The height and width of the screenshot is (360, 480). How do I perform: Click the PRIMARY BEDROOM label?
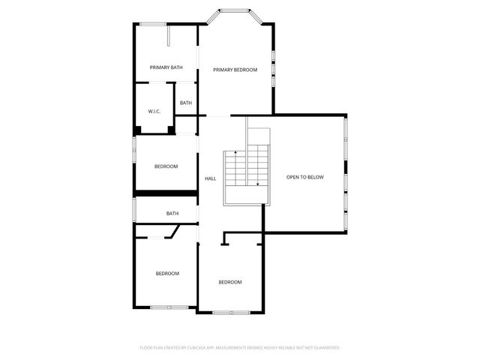235,70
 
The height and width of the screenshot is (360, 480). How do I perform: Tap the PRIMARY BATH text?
166,67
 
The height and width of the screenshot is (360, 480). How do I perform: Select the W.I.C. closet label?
154,112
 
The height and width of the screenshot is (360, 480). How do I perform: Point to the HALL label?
211,178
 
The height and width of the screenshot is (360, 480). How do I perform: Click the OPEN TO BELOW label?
304,177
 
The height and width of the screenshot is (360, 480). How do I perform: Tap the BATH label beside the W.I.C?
186,103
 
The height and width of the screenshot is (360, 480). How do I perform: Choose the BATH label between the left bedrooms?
172,214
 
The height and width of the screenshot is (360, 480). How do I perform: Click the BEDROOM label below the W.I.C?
166,166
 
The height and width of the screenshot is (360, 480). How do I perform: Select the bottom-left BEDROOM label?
167,273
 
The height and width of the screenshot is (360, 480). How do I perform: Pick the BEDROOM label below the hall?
229,282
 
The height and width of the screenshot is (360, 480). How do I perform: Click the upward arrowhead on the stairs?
235,153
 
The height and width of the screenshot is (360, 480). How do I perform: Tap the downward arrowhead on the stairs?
258,184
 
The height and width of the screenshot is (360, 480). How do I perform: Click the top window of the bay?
234,10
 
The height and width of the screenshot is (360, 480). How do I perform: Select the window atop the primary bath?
153,25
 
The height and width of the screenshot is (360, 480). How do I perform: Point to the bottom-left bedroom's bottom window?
169,307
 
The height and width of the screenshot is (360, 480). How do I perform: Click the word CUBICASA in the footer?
202,348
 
